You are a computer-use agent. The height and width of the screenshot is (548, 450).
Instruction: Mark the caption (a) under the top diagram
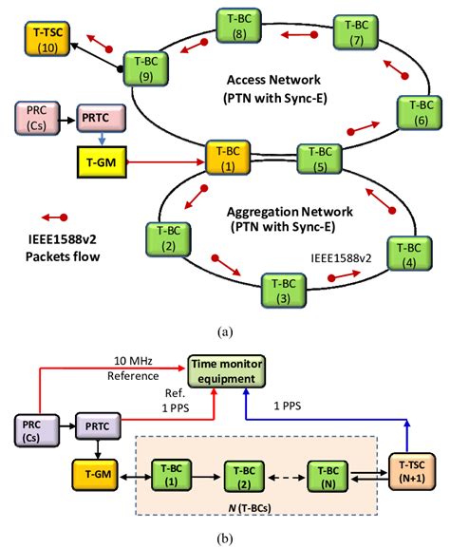tap(225, 331)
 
